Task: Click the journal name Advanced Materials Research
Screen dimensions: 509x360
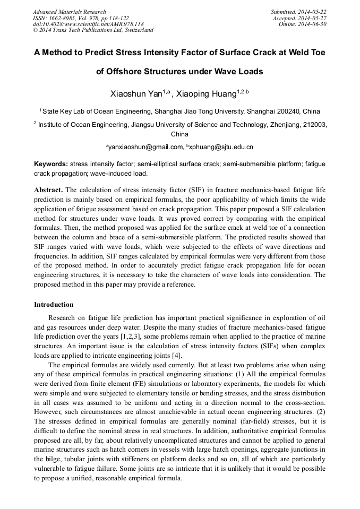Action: click(69, 12)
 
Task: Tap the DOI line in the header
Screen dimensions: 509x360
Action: click(88, 24)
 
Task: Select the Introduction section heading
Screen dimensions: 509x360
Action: click(54, 304)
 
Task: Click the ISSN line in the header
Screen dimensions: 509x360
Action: click(77, 18)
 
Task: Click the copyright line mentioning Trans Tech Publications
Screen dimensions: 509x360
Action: click(93, 30)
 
